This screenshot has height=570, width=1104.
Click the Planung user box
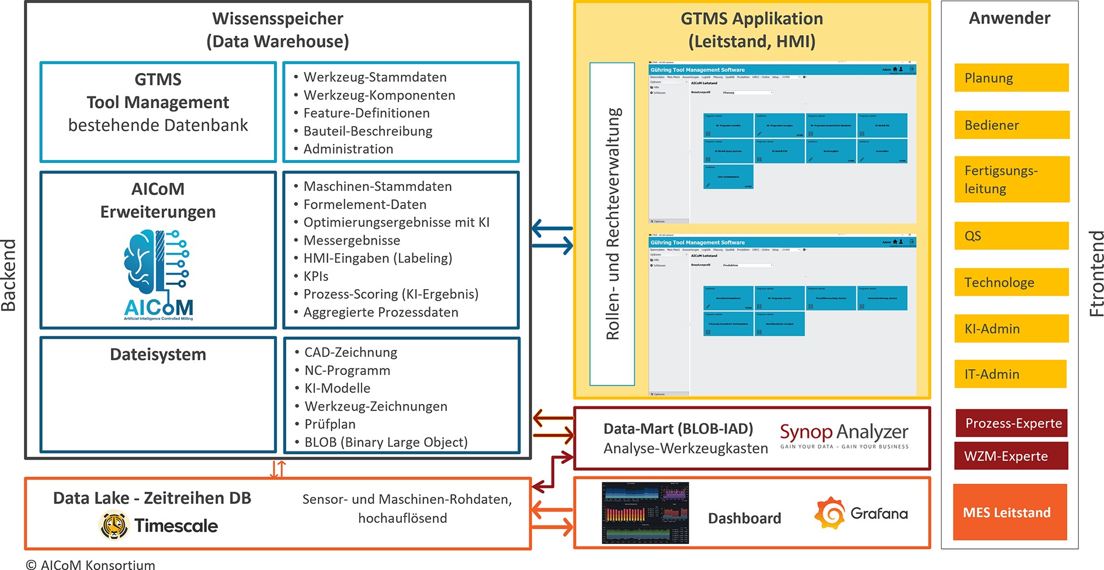[x=1011, y=78]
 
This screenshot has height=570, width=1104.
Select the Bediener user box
[x=1011, y=125]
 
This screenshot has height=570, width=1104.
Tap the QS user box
[x=1011, y=236]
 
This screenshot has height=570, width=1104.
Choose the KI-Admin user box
[x=1011, y=329]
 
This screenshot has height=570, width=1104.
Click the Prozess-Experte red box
[x=1011, y=423]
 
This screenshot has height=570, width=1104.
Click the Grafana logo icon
[x=830, y=513]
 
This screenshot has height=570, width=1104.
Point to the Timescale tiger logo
[x=114, y=525]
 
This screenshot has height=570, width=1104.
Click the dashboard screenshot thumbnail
[x=645, y=513]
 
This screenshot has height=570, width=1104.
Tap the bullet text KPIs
[x=316, y=276]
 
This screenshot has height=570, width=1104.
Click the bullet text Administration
[x=348, y=149]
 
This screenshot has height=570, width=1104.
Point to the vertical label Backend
[x=9, y=274]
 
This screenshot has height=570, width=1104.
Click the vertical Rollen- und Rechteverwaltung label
[x=612, y=224]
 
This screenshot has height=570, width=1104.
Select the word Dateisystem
[x=158, y=354]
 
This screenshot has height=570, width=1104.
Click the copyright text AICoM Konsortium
[x=91, y=564]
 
